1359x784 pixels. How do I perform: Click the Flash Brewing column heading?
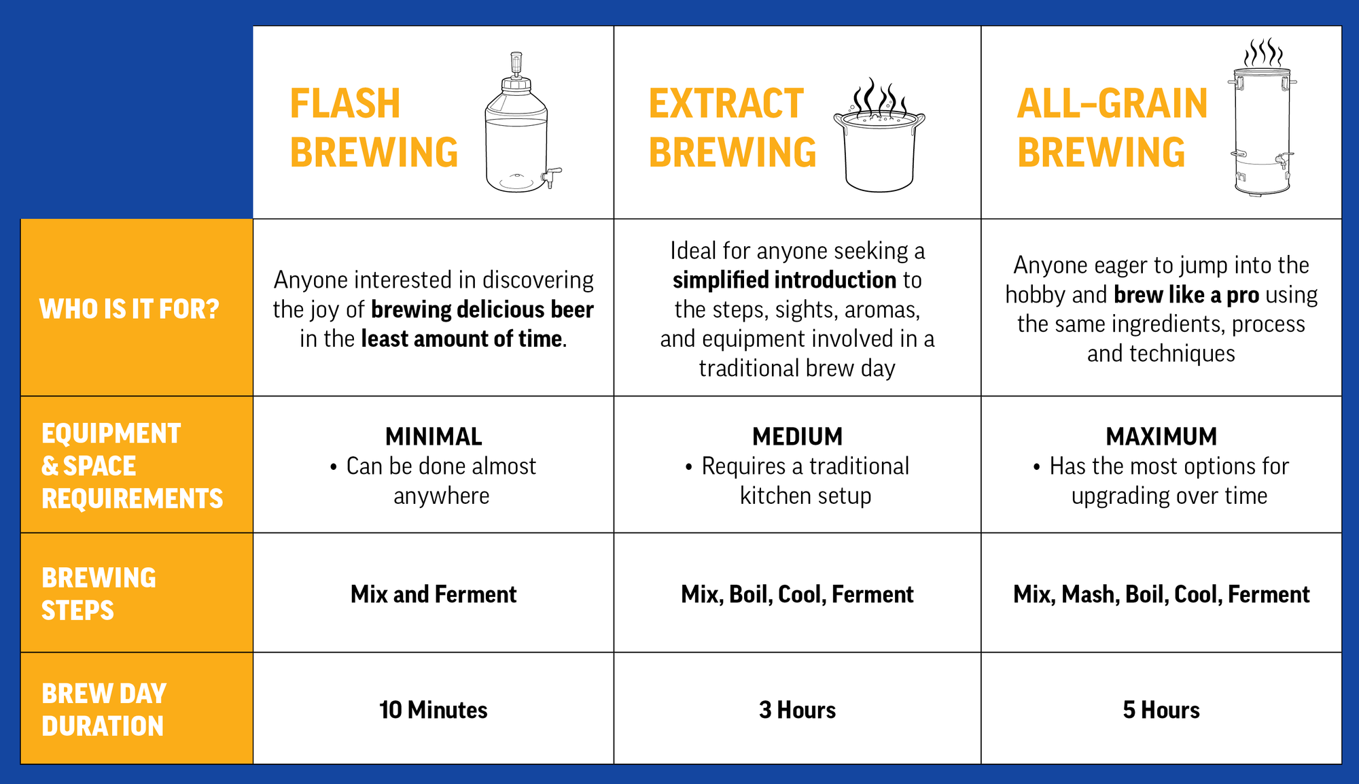(374, 128)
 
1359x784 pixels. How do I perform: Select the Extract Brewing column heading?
(733, 128)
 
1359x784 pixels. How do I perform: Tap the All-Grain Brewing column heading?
(1112, 128)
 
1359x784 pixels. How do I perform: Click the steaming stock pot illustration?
(879, 136)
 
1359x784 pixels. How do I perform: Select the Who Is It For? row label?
(129, 309)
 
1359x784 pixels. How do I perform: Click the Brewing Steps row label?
(99, 594)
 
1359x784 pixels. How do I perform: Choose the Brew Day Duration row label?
(104, 710)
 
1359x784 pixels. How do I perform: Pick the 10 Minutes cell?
(434, 710)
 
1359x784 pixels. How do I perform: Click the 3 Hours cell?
(797, 710)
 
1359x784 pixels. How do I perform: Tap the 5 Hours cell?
(1161, 710)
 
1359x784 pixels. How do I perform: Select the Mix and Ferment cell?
(434, 594)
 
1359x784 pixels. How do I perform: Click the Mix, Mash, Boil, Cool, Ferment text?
(1161, 594)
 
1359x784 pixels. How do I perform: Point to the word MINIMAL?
(434, 437)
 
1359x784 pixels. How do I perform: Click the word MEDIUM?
(797, 437)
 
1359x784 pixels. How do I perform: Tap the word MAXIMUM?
(1161, 437)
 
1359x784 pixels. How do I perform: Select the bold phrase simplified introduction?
(785, 280)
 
